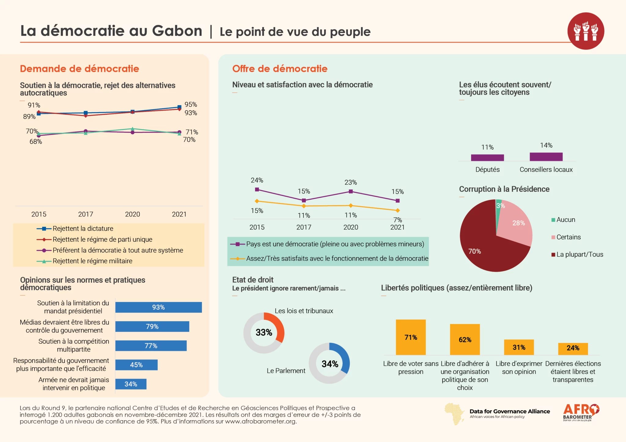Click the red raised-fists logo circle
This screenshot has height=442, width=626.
point(585,31)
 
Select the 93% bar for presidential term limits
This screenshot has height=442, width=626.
point(158,307)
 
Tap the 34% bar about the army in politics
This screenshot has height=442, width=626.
point(131,384)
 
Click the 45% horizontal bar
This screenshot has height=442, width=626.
point(136,365)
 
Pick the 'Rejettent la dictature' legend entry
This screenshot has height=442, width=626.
point(83,229)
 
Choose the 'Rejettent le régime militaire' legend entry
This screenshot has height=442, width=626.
point(92,261)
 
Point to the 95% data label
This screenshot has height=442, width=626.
point(191,105)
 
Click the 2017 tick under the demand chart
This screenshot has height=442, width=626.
point(86,214)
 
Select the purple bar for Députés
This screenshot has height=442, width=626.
point(487,158)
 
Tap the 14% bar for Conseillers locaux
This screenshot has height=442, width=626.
point(546,157)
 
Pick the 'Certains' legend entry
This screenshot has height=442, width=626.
point(568,237)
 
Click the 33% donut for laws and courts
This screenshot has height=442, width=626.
point(264,333)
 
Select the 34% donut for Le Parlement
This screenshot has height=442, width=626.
point(330,363)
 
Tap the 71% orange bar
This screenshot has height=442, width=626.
point(411,337)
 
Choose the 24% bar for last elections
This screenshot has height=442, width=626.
point(573,348)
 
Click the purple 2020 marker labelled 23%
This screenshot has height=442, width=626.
point(351,191)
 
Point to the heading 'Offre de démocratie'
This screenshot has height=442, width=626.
point(280,69)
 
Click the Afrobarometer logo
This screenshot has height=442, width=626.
point(581,412)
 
